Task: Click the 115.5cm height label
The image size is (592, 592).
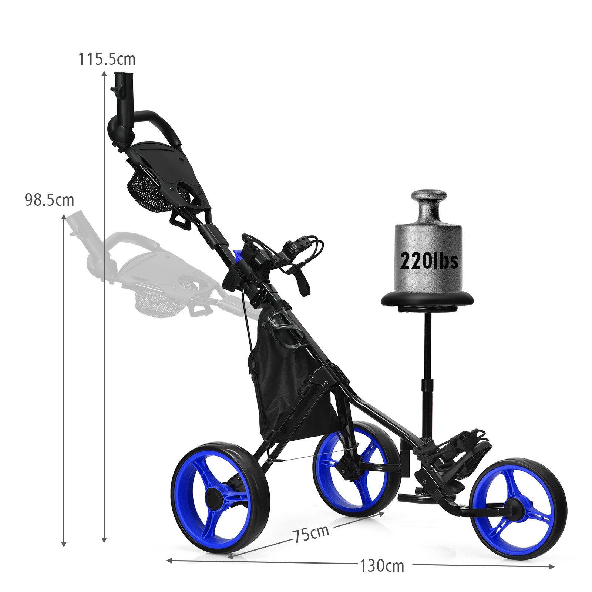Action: click(x=107, y=59)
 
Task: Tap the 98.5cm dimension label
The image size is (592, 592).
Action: click(x=49, y=200)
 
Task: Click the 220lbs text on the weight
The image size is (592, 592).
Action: click(x=429, y=261)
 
